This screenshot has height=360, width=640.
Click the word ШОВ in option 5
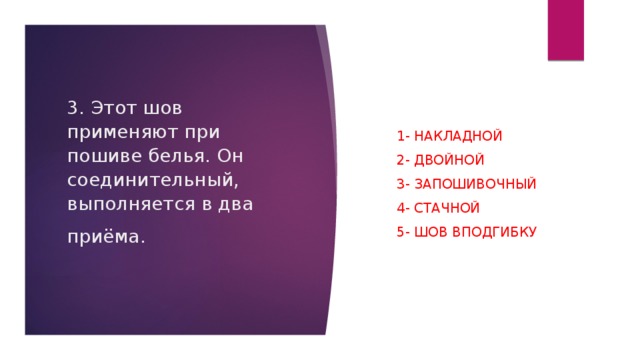tap(427, 232)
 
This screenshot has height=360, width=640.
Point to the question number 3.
tap(73, 108)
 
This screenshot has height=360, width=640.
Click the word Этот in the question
tap(112, 108)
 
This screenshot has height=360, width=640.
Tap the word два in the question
tap(236, 206)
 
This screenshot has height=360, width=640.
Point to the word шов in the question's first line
tap(165, 108)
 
